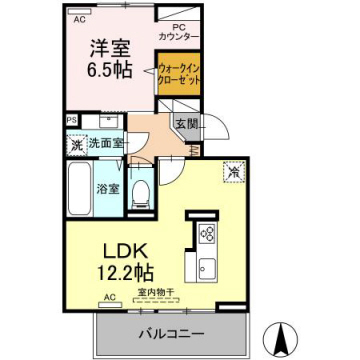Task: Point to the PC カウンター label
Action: (177, 32)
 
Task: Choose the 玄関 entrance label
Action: (186, 125)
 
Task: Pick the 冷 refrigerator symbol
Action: (231, 171)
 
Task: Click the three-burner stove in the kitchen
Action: (209, 234)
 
